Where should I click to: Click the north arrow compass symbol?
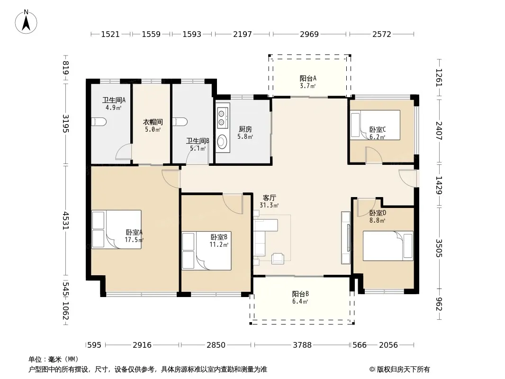(x=26, y=22)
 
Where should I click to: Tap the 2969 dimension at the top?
(x=309, y=34)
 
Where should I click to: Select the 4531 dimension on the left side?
(x=65, y=221)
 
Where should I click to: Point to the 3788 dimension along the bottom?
(x=302, y=345)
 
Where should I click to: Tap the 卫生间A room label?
(x=114, y=100)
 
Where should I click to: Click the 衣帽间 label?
(x=153, y=122)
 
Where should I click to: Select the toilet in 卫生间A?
(x=99, y=122)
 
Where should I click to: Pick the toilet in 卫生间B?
(x=180, y=122)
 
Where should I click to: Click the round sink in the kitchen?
(x=222, y=141)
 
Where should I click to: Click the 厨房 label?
(x=245, y=129)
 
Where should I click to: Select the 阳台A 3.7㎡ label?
(x=308, y=82)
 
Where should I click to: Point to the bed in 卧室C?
(x=375, y=125)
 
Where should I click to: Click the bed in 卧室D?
(x=388, y=246)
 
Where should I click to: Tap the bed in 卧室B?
(x=207, y=251)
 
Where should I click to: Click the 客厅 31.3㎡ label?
(x=269, y=201)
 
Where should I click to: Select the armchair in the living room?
(x=278, y=259)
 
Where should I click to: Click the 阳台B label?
(x=300, y=294)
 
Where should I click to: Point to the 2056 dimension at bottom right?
(x=388, y=345)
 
